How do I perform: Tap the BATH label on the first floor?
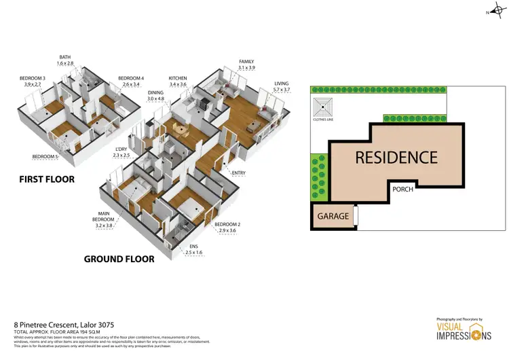pos(65,58)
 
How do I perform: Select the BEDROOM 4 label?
pos(131,79)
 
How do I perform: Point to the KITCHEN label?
pos(178,79)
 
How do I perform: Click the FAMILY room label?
pos(246,62)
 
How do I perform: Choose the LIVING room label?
pos(281,84)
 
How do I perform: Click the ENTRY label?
pos(238,173)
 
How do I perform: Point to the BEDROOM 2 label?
pos(228,224)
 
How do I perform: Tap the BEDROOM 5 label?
pos(45,157)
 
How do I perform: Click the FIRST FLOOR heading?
pos(47,179)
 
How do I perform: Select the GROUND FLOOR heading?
pos(119,259)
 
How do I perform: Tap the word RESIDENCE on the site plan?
pos(396,158)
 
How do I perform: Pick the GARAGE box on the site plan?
pos(333,217)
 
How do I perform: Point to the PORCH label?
pos(403,190)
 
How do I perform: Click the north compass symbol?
pos(495,12)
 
